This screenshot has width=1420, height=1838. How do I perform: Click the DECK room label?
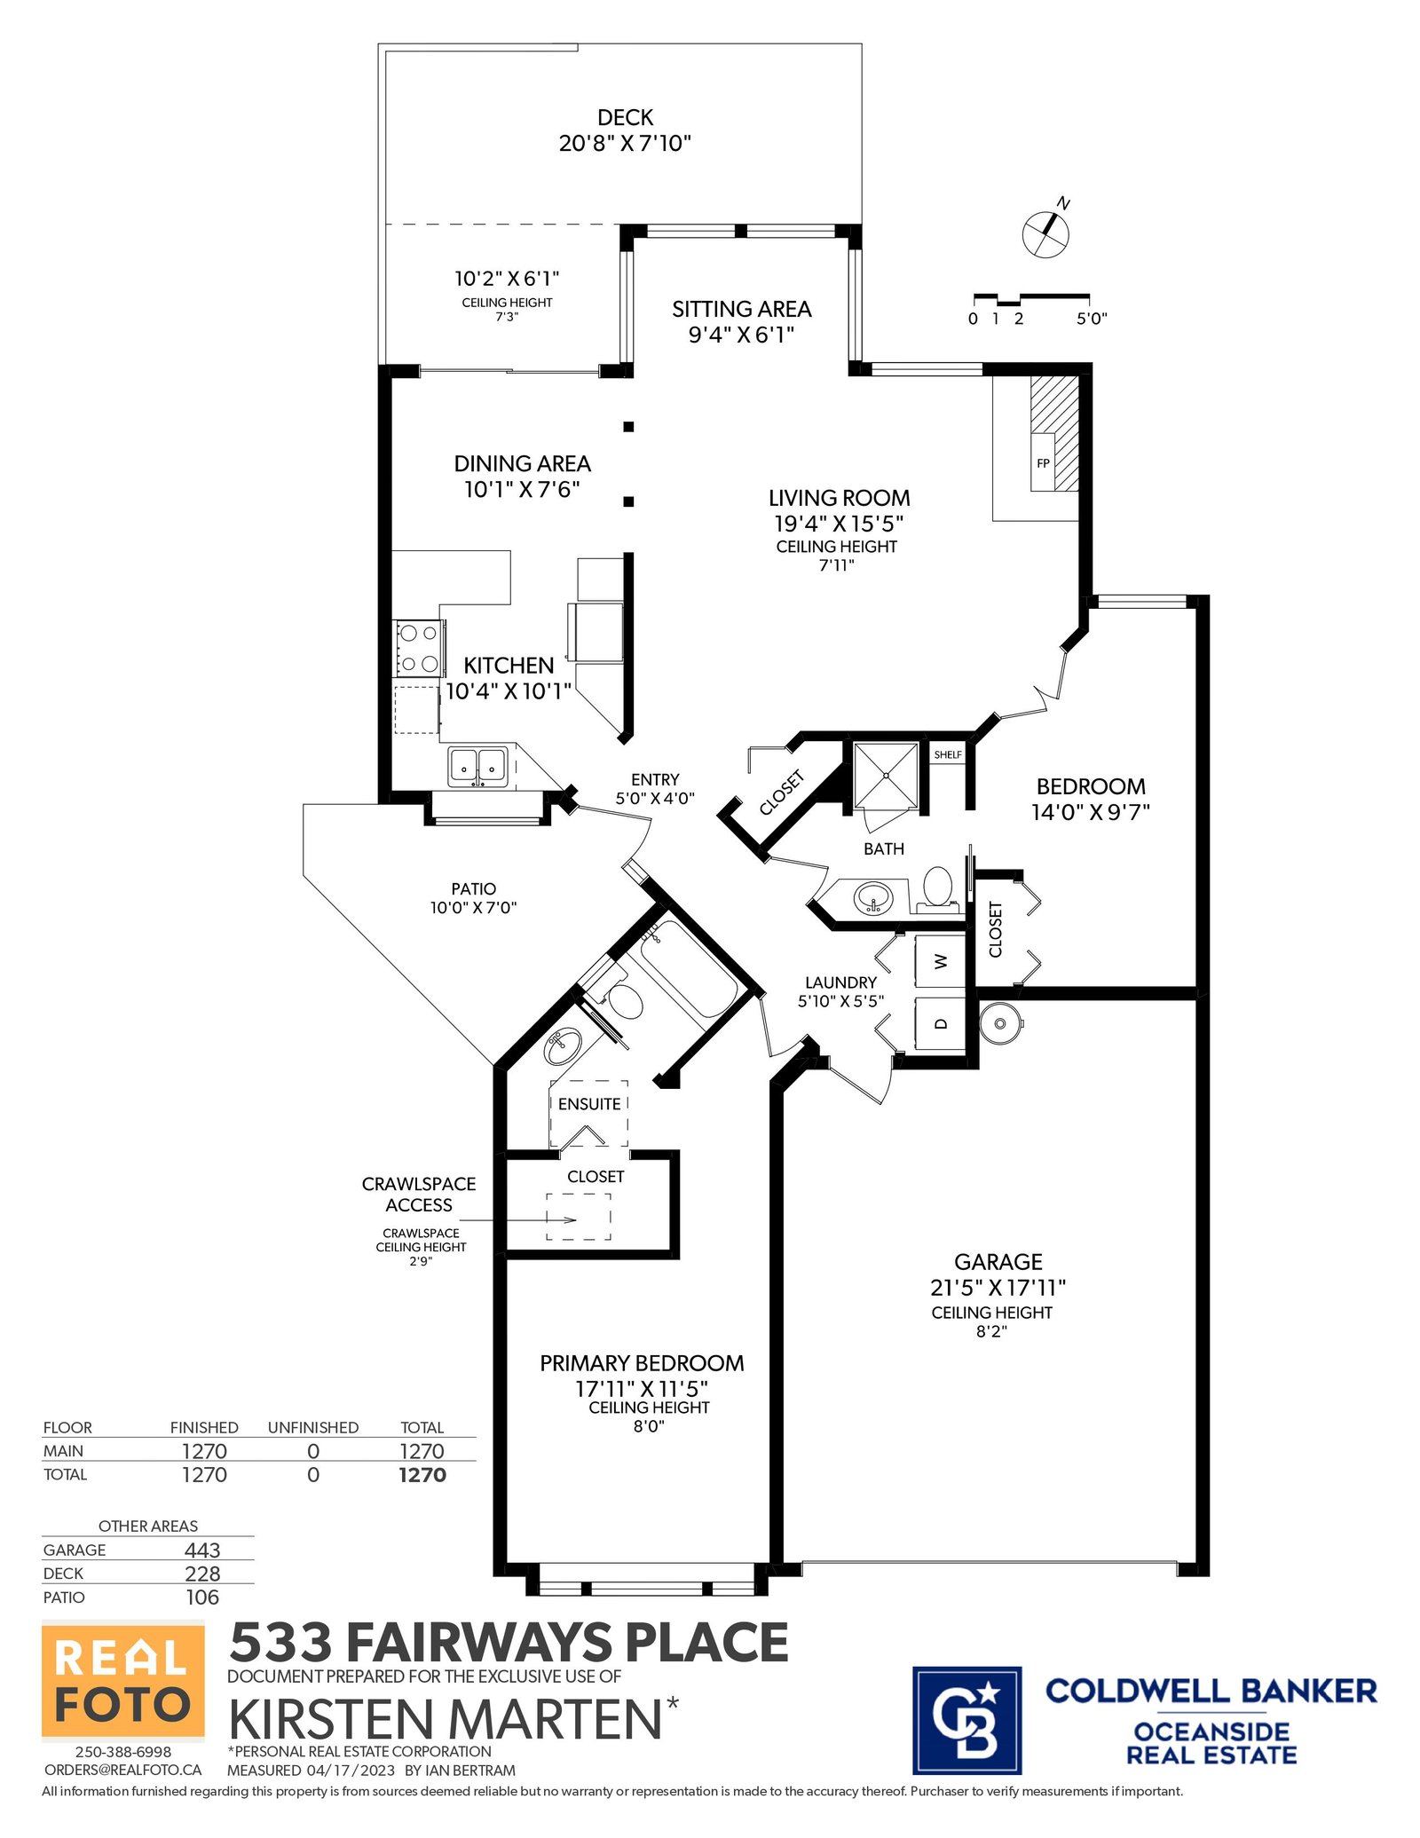[x=625, y=118]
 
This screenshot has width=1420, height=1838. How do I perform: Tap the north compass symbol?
[x=1046, y=232]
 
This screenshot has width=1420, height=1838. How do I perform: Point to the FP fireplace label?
[x=1043, y=463]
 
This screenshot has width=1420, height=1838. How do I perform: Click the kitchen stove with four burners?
[x=419, y=647]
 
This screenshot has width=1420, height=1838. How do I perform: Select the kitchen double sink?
[x=477, y=765]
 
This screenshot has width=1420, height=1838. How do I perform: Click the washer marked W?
[x=940, y=961]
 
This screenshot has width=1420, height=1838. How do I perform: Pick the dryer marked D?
[x=940, y=1023]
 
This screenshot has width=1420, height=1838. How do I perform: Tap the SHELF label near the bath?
[x=948, y=754]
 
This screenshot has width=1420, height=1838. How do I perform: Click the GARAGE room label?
[x=998, y=1262]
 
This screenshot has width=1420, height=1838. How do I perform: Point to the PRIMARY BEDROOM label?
[x=642, y=1363]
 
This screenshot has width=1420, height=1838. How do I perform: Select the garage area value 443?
[x=202, y=1550]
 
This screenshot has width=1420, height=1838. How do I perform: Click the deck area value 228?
[x=202, y=1574]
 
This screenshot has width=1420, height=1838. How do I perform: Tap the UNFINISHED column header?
[x=313, y=1427]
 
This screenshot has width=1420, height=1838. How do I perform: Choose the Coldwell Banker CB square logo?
[x=966, y=1719]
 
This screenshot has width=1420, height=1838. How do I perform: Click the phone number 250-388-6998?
[x=123, y=1752]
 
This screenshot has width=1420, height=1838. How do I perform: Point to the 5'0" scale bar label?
[x=1092, y=319]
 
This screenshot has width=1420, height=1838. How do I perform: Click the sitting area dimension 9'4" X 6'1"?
[x=741, y=335]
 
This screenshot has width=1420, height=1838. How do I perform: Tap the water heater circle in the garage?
[x=1000, y=1023]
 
